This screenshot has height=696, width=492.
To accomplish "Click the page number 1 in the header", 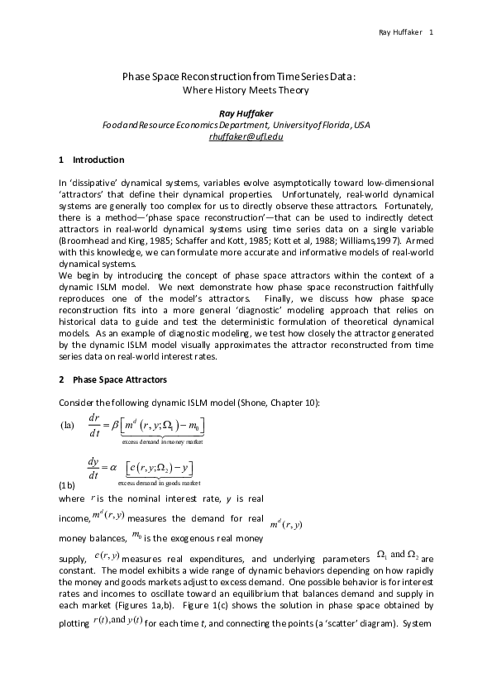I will (432, 32).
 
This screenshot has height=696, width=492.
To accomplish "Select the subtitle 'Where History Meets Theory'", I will (245, 90).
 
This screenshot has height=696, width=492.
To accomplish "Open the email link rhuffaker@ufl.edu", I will (246, 136).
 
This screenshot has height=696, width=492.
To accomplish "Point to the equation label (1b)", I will (68, 482).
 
